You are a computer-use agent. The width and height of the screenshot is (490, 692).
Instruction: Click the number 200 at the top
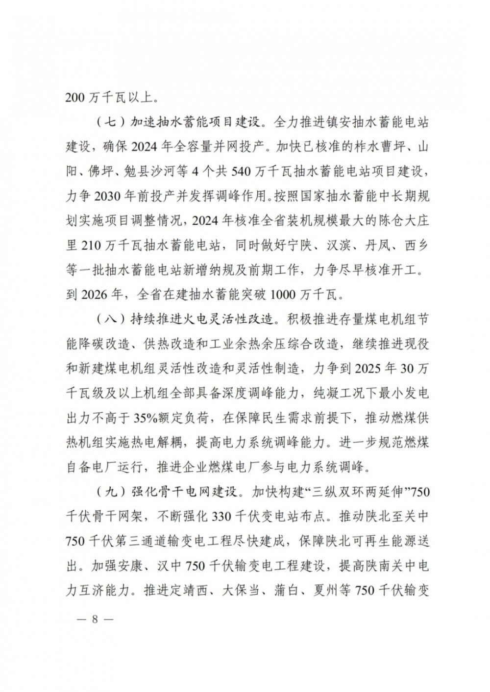tap(76, 97)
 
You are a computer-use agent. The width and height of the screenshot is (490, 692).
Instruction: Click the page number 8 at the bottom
tap(95, 618)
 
